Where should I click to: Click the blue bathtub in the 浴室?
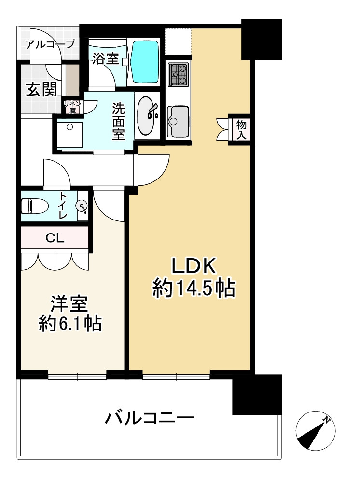145,62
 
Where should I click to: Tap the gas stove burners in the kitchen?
179,74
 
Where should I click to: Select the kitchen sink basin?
178,121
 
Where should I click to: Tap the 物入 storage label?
242,130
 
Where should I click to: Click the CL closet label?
55,238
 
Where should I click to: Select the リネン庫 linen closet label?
73,107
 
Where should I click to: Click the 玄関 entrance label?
41,89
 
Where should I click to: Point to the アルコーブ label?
50,44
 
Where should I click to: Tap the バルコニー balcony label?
150,417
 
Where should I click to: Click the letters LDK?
194,266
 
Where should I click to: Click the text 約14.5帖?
194,288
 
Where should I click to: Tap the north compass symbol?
315,431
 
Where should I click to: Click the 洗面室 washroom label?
118,122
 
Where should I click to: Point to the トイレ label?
63,205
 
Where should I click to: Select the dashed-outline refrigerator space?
178,42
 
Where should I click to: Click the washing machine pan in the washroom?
70,134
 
